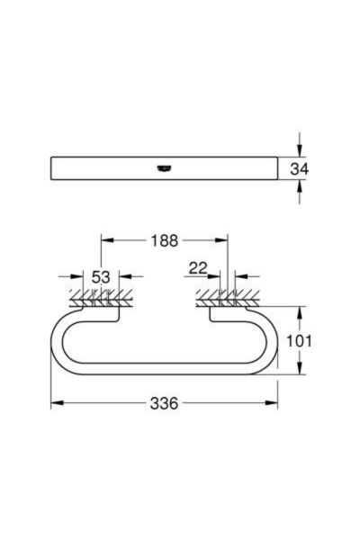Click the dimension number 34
coord(300,169)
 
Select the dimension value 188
coord(165,240)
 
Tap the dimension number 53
coord(101,277)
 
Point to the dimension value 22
coord(198,268)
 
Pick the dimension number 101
coord(299,341)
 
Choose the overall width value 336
coord(165,403)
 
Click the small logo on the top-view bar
coord(164,168)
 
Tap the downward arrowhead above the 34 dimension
coord(300,150)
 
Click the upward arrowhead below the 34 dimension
coord(300,187)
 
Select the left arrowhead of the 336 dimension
coord(58,403)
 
